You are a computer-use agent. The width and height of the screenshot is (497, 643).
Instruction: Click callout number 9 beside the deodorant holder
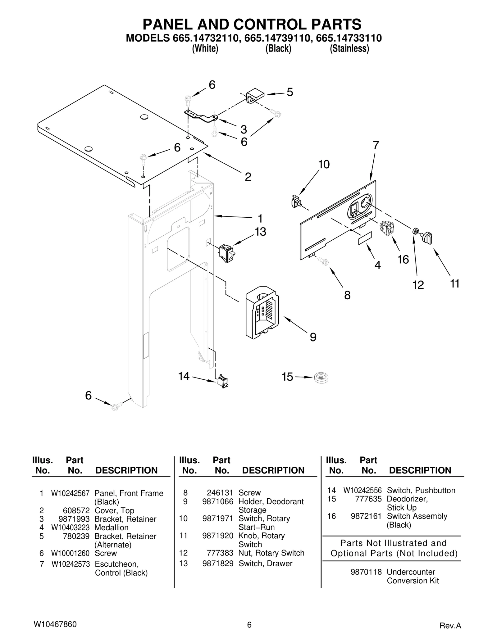[313, 337]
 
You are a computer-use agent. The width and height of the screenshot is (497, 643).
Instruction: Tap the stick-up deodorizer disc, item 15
[321, 378]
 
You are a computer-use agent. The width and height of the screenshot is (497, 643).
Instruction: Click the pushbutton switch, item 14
[222, 381]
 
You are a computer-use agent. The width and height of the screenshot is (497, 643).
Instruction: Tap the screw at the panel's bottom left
[116, 406]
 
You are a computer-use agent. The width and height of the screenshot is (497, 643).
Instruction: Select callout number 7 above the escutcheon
[376, 145]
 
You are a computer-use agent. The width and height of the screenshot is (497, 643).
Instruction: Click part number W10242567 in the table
[70, 493]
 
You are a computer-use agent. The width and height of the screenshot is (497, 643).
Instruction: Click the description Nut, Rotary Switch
[271, 553]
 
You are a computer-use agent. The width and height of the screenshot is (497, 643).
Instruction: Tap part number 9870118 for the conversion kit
[366, 572]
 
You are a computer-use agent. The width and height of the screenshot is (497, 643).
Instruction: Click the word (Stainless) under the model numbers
[349, 49]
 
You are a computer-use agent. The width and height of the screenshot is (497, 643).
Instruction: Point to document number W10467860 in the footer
[55, 624]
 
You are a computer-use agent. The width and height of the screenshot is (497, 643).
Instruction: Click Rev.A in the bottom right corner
[450, 626]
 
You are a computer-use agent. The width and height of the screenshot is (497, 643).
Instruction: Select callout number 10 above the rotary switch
[324, 164]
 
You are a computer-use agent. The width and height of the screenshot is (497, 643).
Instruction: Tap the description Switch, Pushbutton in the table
[421, 490]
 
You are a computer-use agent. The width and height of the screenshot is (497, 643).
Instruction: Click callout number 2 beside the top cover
[248, 177]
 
